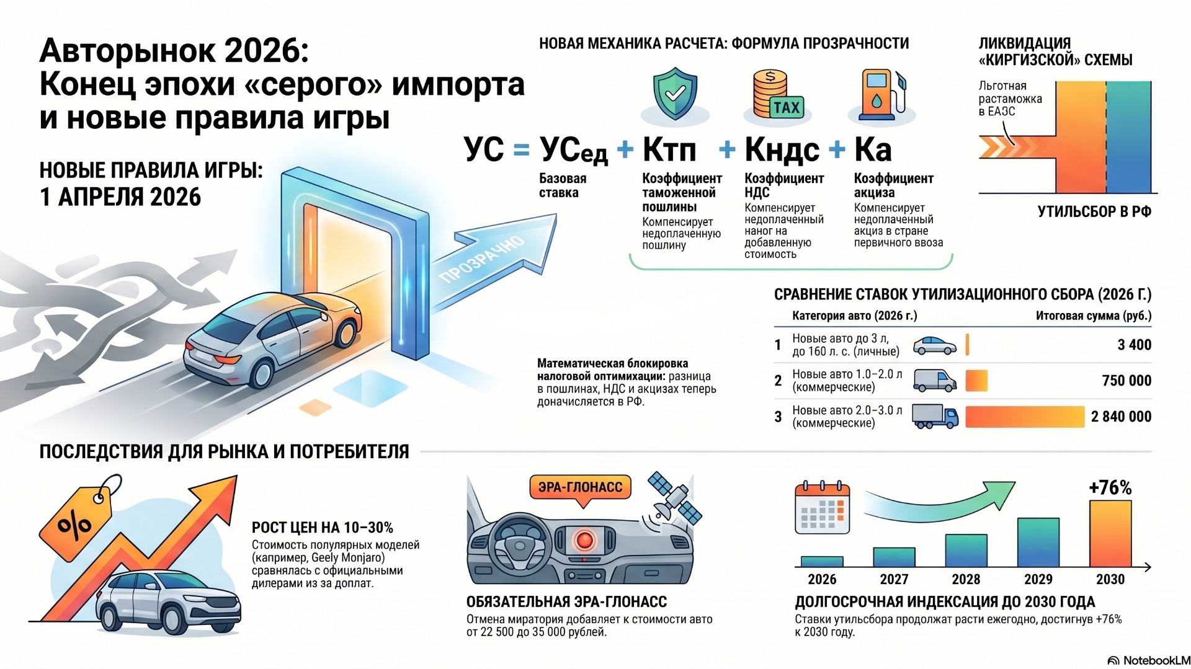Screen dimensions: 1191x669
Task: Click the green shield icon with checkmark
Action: pyautogui.click(x=675, y=94)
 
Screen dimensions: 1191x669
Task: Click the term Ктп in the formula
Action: pyautogui.click(x=669, y=149)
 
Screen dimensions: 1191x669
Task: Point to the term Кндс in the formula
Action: pyautogui.click(x=782, y=150)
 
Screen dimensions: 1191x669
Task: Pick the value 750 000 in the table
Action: pyautogui.click(x=1126, y=381)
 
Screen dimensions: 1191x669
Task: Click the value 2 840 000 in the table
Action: pyautogui.click(x=1121, y=417)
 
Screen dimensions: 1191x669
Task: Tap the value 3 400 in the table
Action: pyautogui.click(x=1134, y=345)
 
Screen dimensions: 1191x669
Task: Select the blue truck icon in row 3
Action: pyautogui.click(x=935, y=416)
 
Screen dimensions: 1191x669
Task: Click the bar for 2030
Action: pyautogui.click(x=1110, y=533)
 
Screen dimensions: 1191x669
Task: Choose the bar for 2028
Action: pyautogui.click(x=966, y=551)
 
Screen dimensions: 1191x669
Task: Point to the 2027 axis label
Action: pyautogui.click(x=894, y=579)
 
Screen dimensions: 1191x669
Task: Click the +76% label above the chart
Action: pyautogui.click(x=1110, y=488)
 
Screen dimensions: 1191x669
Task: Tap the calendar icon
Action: pyautogui.click(x=822, y=508)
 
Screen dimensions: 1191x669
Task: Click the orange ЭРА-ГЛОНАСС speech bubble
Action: pyautogui.click(x=580, y=488)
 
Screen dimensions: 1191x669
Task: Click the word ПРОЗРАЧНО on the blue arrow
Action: pyautogui.click(x=482, y=260)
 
